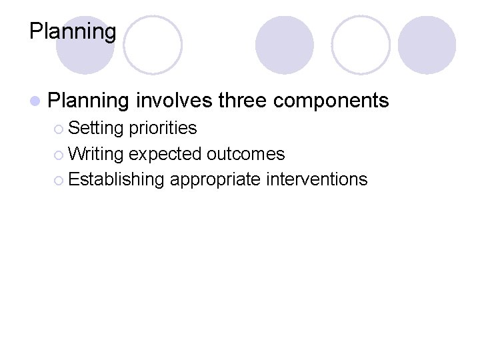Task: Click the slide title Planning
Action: click(x=73, y=31)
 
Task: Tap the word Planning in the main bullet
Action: click(x=89, y=101)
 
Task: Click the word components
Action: click(x=331, y=101)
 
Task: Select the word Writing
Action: click(x=96, y=154)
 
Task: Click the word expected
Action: click(x=165, y=155)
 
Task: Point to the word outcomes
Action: click(x=246, y=154)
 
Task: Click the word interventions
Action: click(x=317, y=179)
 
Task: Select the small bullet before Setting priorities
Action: click(x=59, y=128)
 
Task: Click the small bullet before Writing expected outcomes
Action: click(x=59, y=155)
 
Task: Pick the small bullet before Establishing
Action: click(x=59, y=180)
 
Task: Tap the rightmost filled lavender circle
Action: click(x=427, y=45)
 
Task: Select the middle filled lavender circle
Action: click(x=285, y=45)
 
